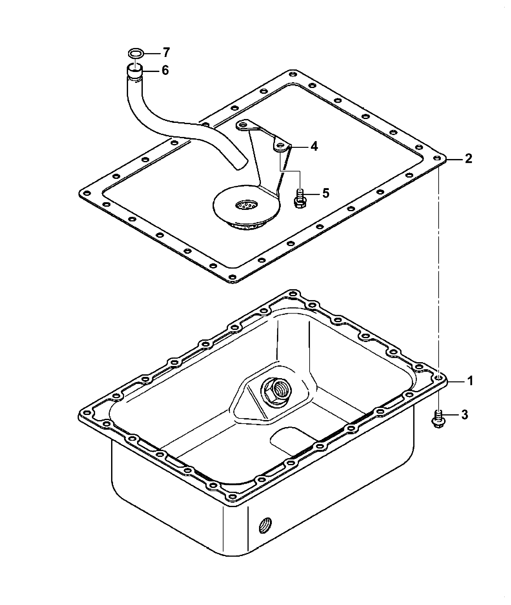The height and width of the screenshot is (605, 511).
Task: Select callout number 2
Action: tap(468, 158)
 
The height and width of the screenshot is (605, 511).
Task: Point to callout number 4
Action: tap(314, 147)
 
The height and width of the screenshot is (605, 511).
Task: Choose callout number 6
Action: tap(165, 70)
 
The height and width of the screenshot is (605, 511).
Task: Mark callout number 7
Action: tap(166, 52)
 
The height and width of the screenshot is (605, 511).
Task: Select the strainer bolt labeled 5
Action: tap(300, 198)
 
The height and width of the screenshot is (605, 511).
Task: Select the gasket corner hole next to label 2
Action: tap(436, 158)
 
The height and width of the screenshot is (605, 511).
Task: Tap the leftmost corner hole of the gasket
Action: tap(87, 193)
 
